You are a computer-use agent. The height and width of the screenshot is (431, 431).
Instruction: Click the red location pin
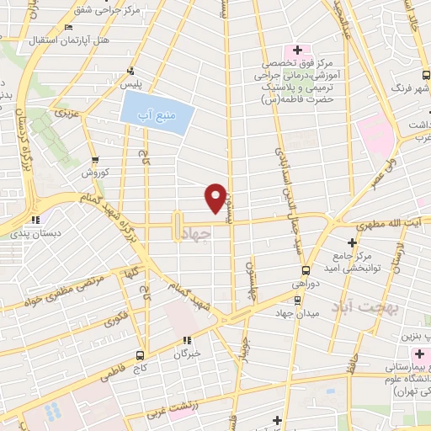(215, 197)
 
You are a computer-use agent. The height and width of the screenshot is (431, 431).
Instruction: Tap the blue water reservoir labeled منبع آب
(157, 109)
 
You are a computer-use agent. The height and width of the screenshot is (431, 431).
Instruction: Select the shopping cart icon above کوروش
(94, 160)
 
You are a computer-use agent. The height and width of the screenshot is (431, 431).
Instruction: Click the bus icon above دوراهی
(304, 271)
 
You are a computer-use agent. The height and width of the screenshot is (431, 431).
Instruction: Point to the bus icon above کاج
(141, 355)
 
